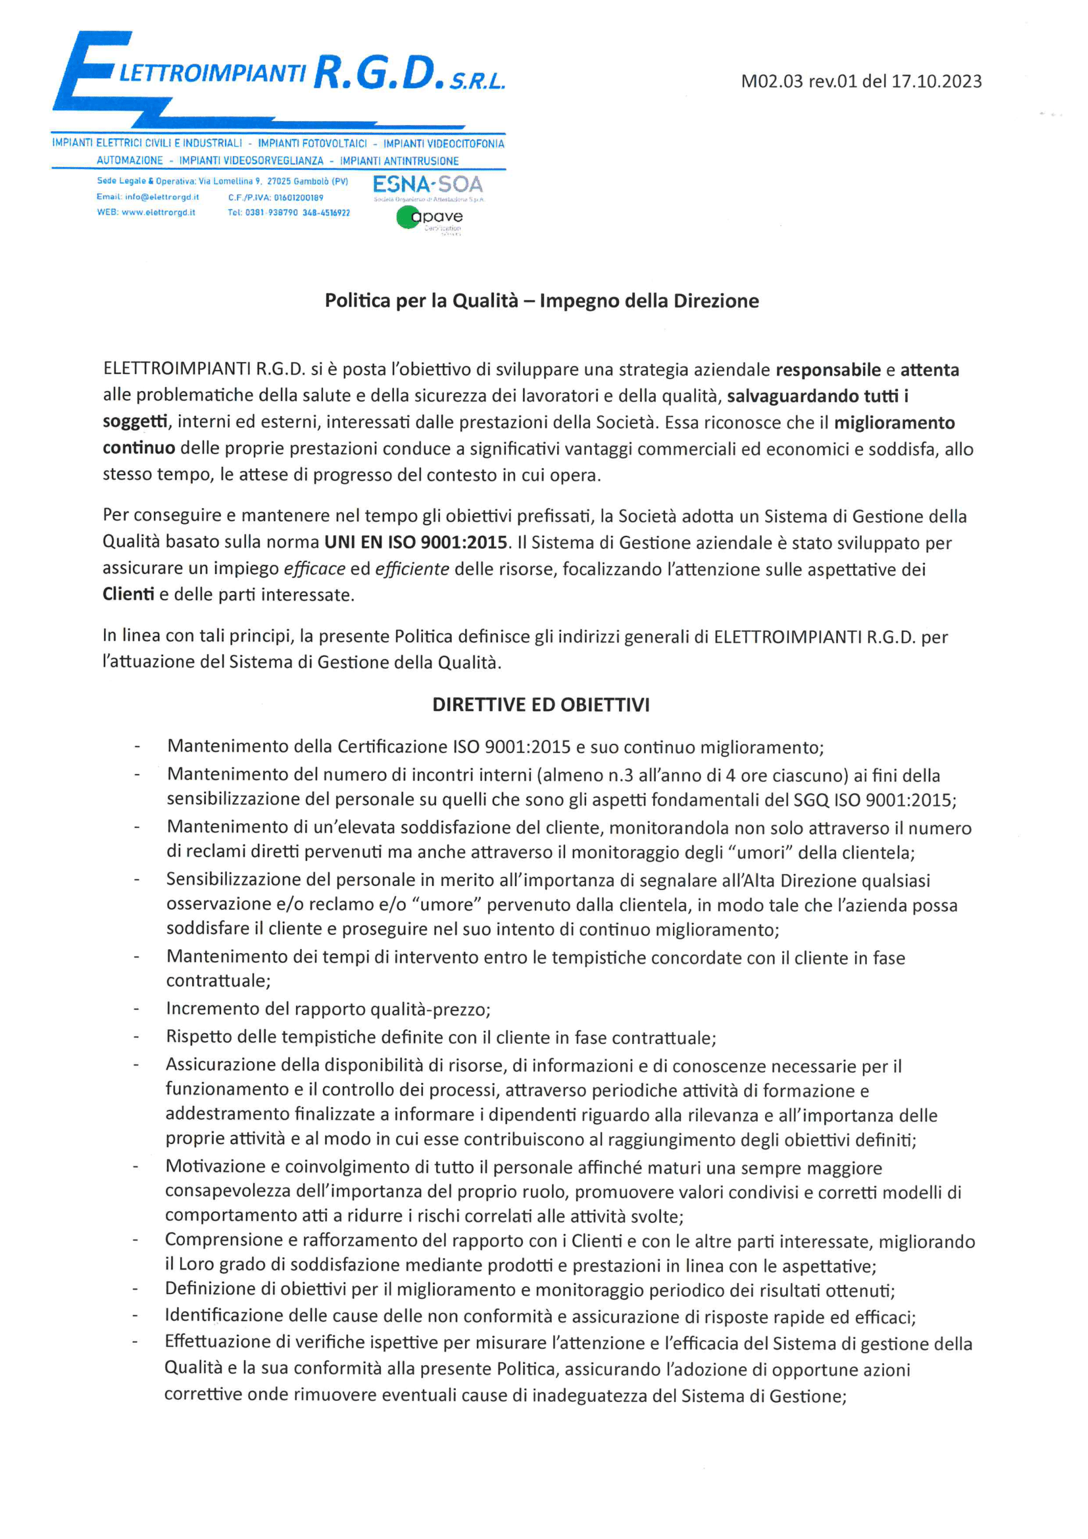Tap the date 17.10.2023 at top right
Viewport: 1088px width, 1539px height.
pyautogui.click(x=936, y=82)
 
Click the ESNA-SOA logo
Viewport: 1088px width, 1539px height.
pyautogui.click(x=428, y=184)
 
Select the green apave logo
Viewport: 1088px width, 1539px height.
pyautogui.click(x=429, y=217)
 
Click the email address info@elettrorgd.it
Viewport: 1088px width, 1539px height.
pyautogui.click(x=161, y=197)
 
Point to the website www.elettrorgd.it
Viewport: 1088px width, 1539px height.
pyautogui.click(x=158, y=213)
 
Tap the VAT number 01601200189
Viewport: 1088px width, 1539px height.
pyautogui.click(x=299, y=197)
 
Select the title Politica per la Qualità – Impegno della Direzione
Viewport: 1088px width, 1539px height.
pyautogui.click(x=541, y=301)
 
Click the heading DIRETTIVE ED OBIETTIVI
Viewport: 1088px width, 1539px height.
pyautogui.click(x=541, y=705)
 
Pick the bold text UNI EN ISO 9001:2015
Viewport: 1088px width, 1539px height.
pyautogui.click(x=415, y=542)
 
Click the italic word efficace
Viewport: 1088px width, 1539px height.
pyautogui.click(x=314, y=569)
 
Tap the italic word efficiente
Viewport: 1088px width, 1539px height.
pyautogui.click(x=412, y=569)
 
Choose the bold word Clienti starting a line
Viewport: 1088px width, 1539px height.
pyautogui.click(x=128, y=594)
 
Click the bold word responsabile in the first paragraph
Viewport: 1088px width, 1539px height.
pyautogui.click(x=828, y=370)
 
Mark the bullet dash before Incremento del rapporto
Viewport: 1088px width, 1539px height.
pyautogui.click(x=137, y=1009)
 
